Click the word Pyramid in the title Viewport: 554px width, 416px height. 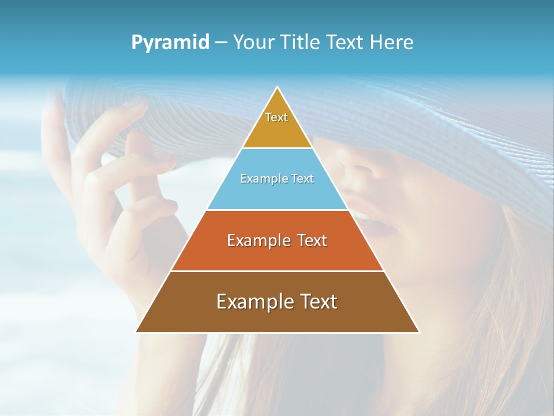170,43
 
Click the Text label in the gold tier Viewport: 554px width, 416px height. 276,117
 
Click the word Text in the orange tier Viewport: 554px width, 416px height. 312,240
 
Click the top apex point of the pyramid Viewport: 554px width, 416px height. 278,87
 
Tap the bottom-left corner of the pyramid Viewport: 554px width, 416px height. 136,332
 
